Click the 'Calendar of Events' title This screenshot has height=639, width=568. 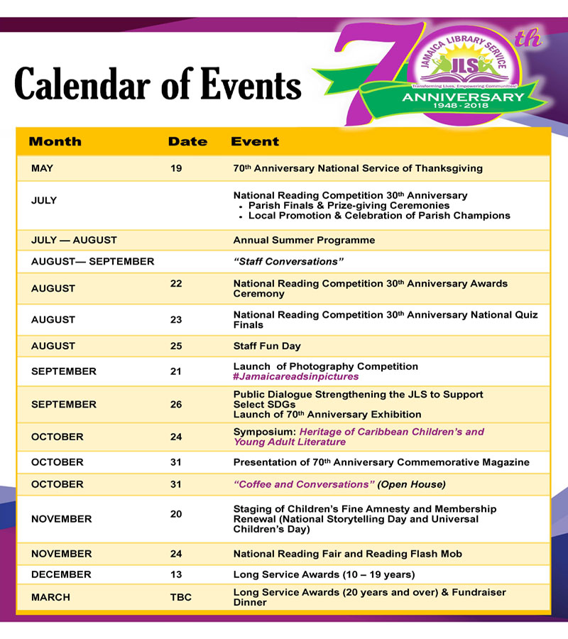tap(158, 86)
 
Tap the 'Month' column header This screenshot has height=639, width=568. tap(55, 142)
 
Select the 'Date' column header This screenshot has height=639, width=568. tap(187, 142)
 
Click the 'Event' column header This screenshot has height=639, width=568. tap(255, 142)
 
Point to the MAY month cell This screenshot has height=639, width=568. tap(43, 168)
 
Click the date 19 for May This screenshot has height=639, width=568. tap(176, 168)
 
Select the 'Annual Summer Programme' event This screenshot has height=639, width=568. tap(304, 240)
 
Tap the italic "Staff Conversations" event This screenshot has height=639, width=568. tap(288, 261)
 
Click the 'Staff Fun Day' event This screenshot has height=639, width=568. tap(267, 346)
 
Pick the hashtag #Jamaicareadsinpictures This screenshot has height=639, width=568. tap(296, 376)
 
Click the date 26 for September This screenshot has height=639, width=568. tap(176, 404)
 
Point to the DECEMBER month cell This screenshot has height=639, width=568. tap(61, 574)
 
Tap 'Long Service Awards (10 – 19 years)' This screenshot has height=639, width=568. tap(324, 574)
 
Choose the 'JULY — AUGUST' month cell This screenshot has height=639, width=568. tap(74, 240)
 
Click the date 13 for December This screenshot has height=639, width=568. tap(176, 574)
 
